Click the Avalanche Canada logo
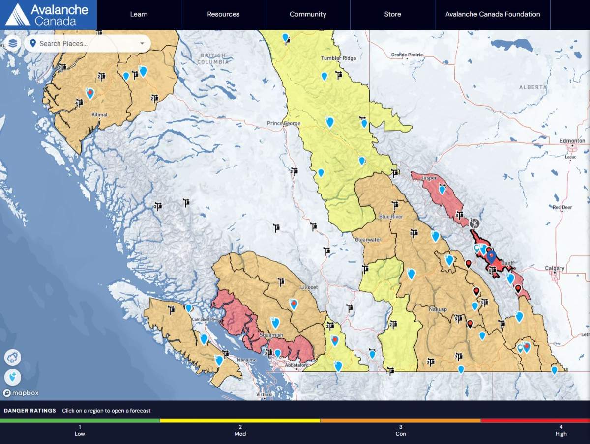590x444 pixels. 48,15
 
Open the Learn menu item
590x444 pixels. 139,14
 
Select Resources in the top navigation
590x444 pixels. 223,14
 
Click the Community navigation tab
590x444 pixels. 308,14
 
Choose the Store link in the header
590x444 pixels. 392,14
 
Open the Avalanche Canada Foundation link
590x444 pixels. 493,14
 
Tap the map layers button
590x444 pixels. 13,43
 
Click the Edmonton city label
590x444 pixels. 572,141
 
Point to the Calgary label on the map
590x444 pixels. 555,269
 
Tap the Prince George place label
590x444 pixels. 284,123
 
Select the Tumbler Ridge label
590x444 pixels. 338,58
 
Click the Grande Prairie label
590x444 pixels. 407,55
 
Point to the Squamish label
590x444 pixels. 271,335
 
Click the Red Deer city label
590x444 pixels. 562,207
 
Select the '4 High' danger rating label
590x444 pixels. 561,430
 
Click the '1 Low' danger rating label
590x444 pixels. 80,430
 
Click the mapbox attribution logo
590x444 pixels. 21,393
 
